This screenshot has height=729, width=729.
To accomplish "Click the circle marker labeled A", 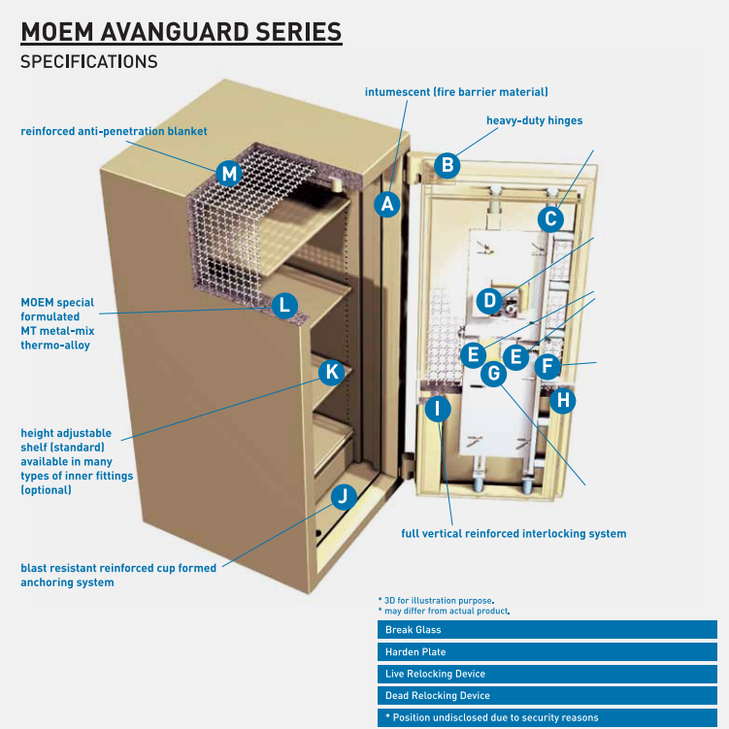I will tap(387, 204).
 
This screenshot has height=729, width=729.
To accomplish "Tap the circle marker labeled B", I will tap(447, 165).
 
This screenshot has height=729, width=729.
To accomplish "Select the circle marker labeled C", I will tap(551, 219).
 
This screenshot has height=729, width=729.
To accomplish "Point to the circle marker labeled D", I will tap(490, 301).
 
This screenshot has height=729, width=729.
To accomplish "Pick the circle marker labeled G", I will tap(494, 372).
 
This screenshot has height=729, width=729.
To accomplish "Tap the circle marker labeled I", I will tap(438, 409).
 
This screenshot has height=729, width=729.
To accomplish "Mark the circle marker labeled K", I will tap(331, 372).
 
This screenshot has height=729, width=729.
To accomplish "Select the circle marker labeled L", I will tap(283, 305).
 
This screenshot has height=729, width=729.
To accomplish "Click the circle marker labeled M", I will tap(229, 174).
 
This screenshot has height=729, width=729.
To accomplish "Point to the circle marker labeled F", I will tap(547, 366).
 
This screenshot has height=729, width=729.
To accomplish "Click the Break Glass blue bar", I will tap(547, 630).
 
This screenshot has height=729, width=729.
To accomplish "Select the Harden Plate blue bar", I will tap(547, 652).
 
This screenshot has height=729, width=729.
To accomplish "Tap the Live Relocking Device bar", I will tap(547, 674).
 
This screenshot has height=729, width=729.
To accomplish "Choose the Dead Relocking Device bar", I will tap(547, 696).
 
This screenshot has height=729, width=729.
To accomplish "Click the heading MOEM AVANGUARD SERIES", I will tap(182, 32).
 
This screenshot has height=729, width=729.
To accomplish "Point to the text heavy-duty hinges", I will tap(534, 121).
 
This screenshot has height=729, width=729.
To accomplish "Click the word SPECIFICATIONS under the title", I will tap(89, 61).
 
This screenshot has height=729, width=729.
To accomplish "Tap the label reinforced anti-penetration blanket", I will tap(114, 130).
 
